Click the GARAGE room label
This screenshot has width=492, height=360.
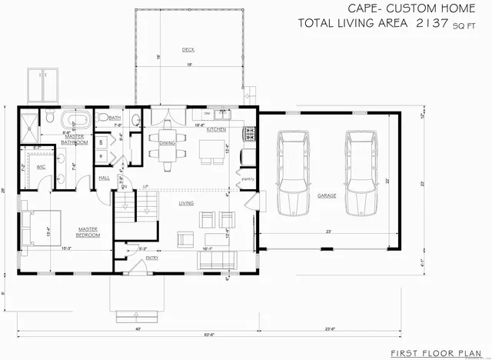pyautogui.click(x=327, y=195)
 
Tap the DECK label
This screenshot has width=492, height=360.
pyautogui.click(x=188, y=50)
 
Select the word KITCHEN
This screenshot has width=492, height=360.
pyautogui.click(x=215, y=129)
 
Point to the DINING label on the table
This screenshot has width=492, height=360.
pyautogui.click(x=168, y=143)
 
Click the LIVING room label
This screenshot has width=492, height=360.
pyautogui.click(x=186, y=203)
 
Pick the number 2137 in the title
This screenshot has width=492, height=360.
pyautogui.click(x=434, y=22)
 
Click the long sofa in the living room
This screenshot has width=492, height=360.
pyautogui.click(x=217, y=260)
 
